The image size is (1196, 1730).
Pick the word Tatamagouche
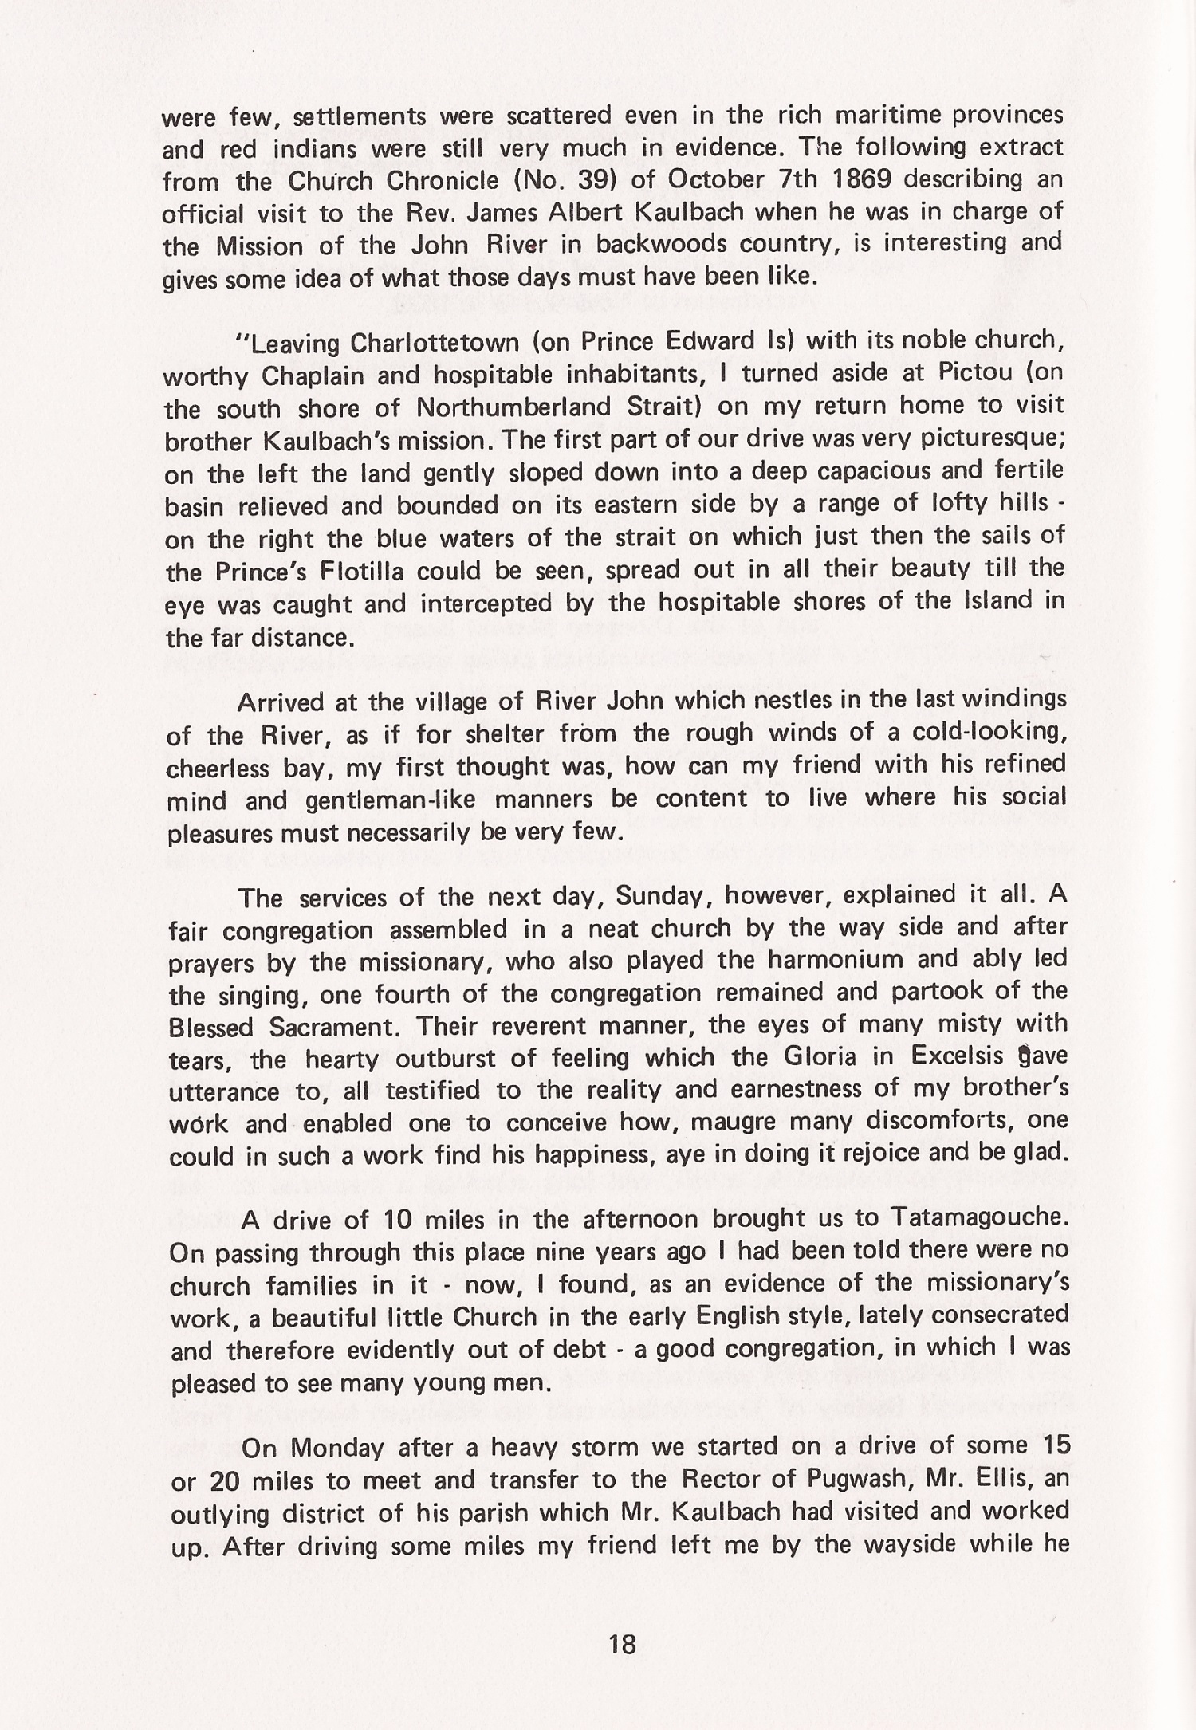(978, 1219)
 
